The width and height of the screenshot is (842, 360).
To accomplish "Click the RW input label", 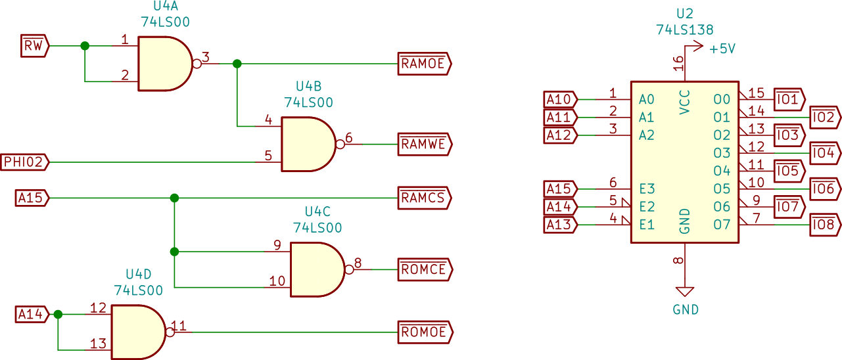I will coord(34,46).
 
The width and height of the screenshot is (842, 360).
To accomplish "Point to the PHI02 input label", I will coord(25,162).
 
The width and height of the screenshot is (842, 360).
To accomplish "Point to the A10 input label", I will coord(560,99).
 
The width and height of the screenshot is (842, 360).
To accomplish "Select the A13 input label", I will coord(560,225).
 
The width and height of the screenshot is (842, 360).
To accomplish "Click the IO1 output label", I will coord(788,100).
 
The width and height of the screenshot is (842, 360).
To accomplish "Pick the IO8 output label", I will coord(824,225).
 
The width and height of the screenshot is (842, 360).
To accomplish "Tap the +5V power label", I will coord(722,49).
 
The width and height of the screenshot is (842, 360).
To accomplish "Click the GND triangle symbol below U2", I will coord(685,292).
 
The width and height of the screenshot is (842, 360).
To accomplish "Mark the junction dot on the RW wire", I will coord(84,46).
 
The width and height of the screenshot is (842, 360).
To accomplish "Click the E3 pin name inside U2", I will coord(647,189).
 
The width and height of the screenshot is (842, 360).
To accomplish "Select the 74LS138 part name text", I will coord(684,30).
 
